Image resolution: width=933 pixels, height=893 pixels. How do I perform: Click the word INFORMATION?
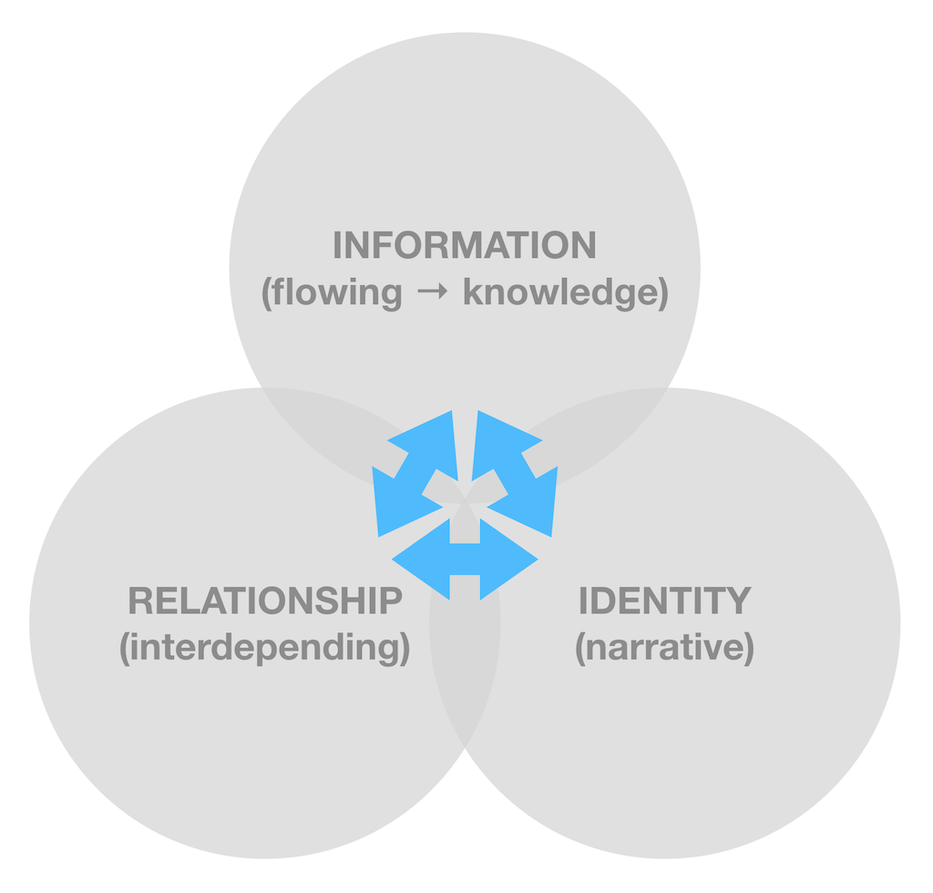pyautogui.click(x=464, y=245)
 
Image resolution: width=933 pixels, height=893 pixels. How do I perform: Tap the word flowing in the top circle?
pyautogui.click(x=337, y=293)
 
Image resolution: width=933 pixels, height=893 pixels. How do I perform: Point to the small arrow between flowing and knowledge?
pyautogui.click(x=433, y=292)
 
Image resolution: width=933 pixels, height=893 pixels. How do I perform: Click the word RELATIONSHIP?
pyautogui.click(x=265, y=600)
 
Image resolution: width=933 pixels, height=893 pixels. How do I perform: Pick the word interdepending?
pyautogui.click(x=265, y=647)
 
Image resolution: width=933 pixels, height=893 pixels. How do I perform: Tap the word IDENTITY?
pyautogui.click(x=664, y=600)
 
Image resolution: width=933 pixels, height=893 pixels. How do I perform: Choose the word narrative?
pyautogui.click(x=664, y=647)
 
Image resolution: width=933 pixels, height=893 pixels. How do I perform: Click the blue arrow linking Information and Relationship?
pyautogui.click(x=415, y=474)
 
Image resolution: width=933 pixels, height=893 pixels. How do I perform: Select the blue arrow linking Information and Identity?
pyautogui.click(x=515, y=474)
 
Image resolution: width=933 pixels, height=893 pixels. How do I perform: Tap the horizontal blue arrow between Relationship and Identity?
pyautogui.click(x=465, y=559)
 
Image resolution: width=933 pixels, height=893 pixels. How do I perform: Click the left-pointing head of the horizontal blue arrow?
pyautogui.click(x=420, y=559)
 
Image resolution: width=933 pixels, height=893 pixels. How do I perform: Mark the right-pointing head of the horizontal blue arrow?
pyautogui.click(x=509, y=559)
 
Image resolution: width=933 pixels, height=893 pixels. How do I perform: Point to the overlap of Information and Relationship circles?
pyautogui.click(x=333, y=435)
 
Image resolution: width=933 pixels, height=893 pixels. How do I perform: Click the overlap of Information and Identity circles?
pyautogui.click(x=595, y=435)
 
